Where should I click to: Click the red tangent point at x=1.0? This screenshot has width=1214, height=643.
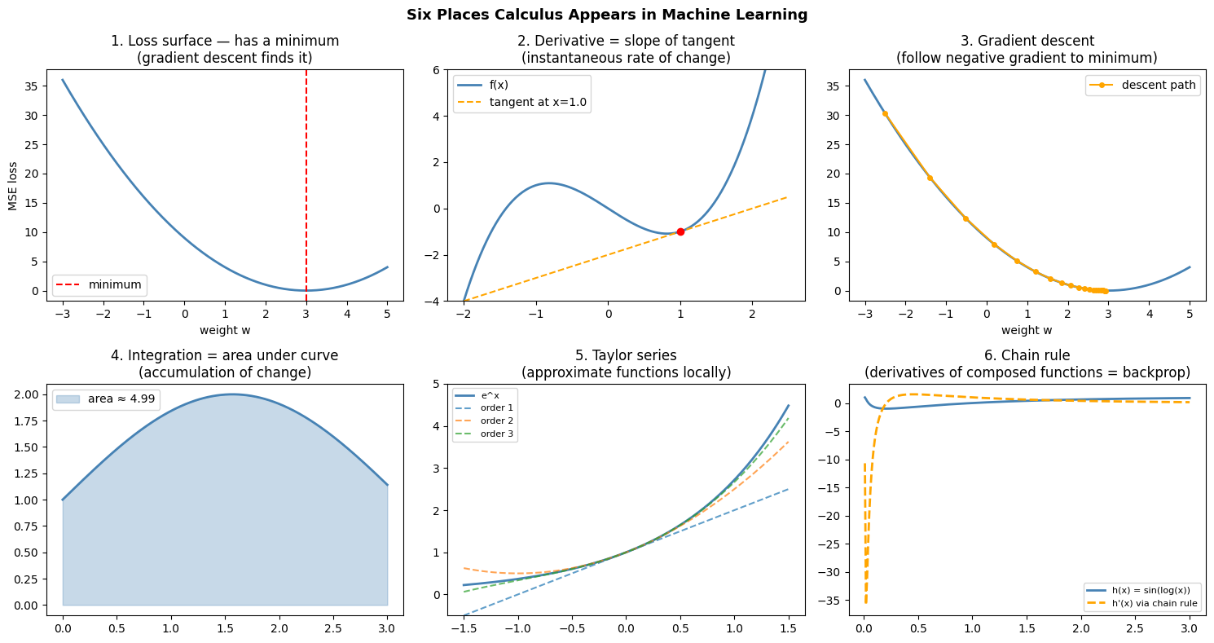[680, 231]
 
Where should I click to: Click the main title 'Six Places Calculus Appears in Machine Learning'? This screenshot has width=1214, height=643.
[607, 15]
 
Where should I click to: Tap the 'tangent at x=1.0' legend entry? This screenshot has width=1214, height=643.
[538, 103]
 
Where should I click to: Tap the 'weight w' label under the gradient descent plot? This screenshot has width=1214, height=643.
[1027, 330]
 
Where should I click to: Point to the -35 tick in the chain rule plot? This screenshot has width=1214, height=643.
[842, 600]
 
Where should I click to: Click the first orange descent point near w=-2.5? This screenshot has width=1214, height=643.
[885, 113]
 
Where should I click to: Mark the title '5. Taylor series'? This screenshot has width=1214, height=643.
[626, 355]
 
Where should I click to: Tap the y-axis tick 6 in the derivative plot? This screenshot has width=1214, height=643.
[436, 70]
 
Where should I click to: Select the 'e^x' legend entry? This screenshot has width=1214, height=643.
[490, 395]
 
